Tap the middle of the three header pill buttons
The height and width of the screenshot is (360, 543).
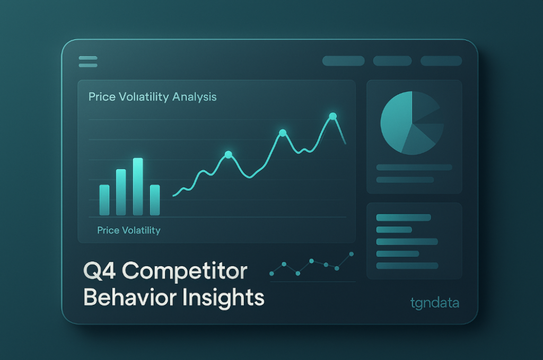pyautogui.click(x=392, y=61)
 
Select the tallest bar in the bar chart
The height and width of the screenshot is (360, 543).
pyautogui.click(x=138, y=187)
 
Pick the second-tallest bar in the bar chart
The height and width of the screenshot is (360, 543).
pyautogui.click(x=121, y=192)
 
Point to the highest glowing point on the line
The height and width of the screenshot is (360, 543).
pyautogui.click(x=332, y=116)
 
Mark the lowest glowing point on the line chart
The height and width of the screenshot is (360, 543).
pyautogui.click(x=228, y=155)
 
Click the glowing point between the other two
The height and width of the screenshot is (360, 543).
pyautogui.click(x=282, y=133)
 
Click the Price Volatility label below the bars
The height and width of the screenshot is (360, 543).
pyautogui.click(x=128, y=231)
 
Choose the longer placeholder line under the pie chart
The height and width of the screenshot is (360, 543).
pyautogui.click(x=414, y=168)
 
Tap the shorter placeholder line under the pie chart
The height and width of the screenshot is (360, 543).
pyautogui.click(x=405, y=180)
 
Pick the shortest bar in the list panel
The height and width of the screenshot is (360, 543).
pyautogui.click(x=393, y=230)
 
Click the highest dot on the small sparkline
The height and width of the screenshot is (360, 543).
pyautogui.click(x=351, y=254)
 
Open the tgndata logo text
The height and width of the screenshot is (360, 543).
pyautogui.click(x=434, y=303)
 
